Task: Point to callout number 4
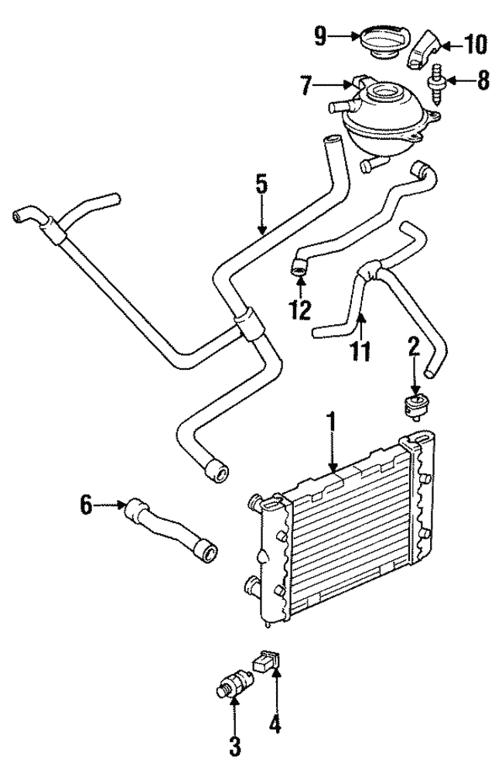click(x=275, y=725)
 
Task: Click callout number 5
click(x=261, y=185)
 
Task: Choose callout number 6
click(x=86, y=507)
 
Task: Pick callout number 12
click(x=299, y=309)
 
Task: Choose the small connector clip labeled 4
click(x=265, y=662)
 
